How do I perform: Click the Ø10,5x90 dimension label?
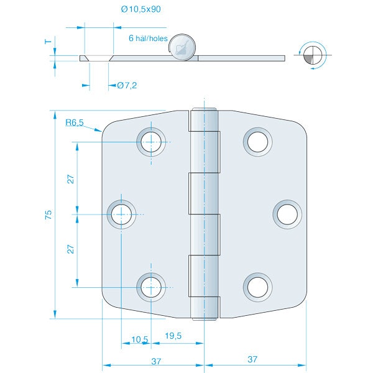(141, 9)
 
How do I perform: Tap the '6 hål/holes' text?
(148, 39)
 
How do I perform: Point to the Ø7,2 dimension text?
(127, 85)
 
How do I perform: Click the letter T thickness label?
(48, 42)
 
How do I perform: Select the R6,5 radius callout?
(75, 122)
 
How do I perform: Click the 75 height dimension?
(48, 214)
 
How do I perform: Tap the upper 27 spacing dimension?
(71, 179)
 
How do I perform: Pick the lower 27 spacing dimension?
(71, 249)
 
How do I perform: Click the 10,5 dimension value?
(140, 339)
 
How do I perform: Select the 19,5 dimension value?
(173, 336)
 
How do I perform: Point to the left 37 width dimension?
(156, 361)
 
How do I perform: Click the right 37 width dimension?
(252, 359)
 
